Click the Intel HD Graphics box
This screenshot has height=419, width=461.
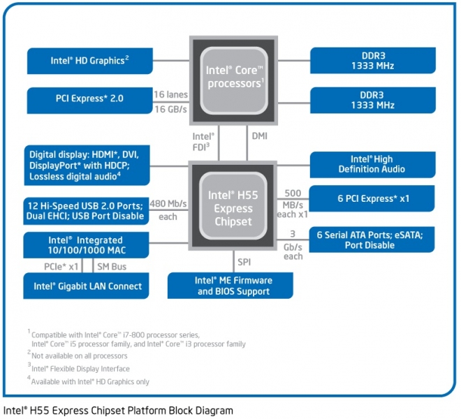click(89, 61)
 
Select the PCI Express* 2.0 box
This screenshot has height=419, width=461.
click(89, 99)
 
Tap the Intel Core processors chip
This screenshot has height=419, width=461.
click(233, 76)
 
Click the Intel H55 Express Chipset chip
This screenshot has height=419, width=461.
click(233, 205)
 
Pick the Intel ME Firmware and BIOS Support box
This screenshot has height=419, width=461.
click(233, 286)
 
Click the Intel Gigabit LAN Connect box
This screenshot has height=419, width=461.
click(87, 286)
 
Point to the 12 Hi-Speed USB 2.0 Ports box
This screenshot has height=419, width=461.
click(87, 210)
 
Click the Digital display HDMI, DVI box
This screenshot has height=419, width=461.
click(87, 166)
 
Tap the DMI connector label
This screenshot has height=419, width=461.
click(258, 136)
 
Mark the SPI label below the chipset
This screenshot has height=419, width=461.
click(243, 261)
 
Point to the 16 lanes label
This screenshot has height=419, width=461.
click(170, 93)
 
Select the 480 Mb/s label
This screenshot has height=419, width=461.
click(168, 204)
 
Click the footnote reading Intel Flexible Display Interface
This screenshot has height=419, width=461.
click(80, 369)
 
